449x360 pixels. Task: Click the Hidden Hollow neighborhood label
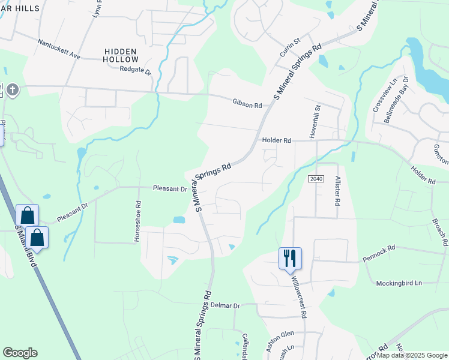[x=121, y=55]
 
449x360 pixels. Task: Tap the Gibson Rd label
[x=247, y=104]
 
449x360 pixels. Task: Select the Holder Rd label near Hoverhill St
[x=276, y=140]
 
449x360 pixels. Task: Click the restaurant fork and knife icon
[x=290, y=258]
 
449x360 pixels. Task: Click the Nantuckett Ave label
[x=59, y=49]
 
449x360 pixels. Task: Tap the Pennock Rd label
[x=379, y=253]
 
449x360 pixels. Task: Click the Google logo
[x=20, y=353]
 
